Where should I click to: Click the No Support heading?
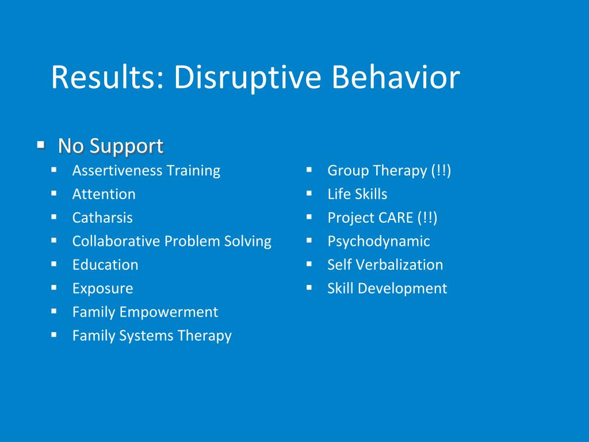tap(111, 146)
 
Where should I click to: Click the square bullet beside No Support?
tap(41, 144)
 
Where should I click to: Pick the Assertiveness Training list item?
tap(146, 171)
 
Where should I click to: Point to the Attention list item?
tap(104, 195)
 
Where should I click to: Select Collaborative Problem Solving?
tap(171, 242)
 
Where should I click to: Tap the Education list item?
tap(105, 265)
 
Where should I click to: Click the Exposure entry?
tap(102, 289)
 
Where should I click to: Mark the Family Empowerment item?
tap(145, 313)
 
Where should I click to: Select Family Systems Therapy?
tap(152, 336)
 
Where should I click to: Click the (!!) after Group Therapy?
tap(441, 170)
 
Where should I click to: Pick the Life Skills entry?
tap(357, 195)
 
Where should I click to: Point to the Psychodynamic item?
tap(378, 242)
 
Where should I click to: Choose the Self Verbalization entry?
tap(385, 265)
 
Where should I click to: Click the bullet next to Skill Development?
tap(309, 288)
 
